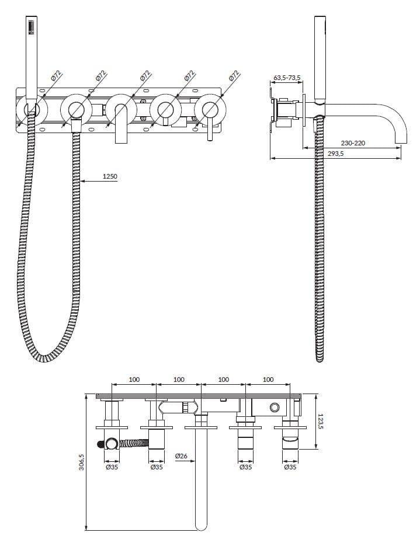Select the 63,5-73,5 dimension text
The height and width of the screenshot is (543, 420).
click(287, 77)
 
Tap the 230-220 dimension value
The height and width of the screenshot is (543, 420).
click(354, 142)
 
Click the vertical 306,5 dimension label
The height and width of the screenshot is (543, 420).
click(82, 464)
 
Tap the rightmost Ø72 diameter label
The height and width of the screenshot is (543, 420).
click(234, 76)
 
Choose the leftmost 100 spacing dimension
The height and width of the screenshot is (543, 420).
click(134, 380)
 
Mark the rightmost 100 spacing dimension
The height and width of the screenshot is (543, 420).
click(268, 380)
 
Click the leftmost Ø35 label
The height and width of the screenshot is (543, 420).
click(112, 467)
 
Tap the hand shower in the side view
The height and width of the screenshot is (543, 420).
click(320, 58)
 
